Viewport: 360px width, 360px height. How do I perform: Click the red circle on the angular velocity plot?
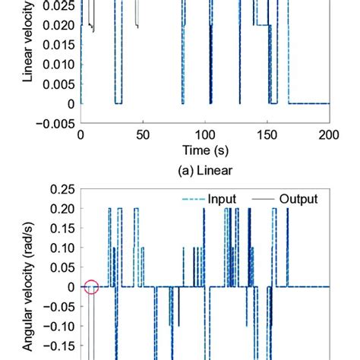coord(91,287)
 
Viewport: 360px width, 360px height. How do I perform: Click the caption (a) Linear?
coord(204,171)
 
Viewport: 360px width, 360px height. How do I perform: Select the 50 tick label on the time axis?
coord(142,134)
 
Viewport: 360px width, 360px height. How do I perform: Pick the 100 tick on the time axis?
coord(204,134)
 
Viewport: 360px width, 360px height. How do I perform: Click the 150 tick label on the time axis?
coord(267,134)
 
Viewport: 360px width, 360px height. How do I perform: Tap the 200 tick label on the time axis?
coord(328,134)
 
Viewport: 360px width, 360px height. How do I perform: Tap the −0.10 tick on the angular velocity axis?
coord(55,327)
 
